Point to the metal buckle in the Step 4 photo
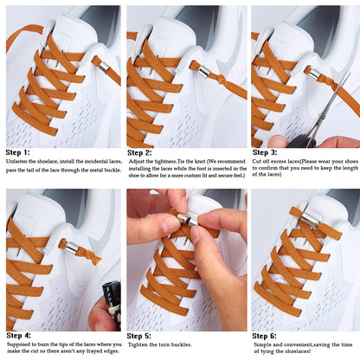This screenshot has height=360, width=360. point(72,249)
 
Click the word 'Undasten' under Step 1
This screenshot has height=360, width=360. point(18,162)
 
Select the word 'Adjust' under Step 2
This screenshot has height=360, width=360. point(137,162)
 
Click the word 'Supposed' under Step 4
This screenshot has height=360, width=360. point(19,344)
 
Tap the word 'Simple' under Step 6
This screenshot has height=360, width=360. point(260,344)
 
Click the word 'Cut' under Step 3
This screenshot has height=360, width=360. point(257,162)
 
